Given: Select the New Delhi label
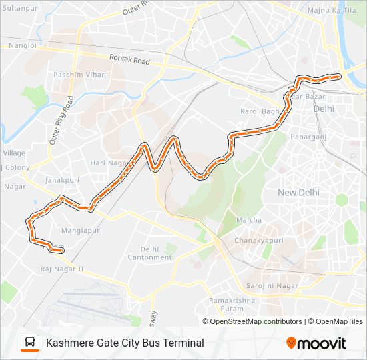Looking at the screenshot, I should (298, 192).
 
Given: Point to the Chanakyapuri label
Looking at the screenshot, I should (258, 240).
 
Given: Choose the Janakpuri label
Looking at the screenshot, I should (62, 180).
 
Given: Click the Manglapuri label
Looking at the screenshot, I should (81, 230).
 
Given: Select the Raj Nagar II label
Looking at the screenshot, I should (61, 269).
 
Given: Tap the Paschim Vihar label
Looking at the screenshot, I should (79, 75).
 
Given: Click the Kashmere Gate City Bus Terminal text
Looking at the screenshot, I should (125, 343).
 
